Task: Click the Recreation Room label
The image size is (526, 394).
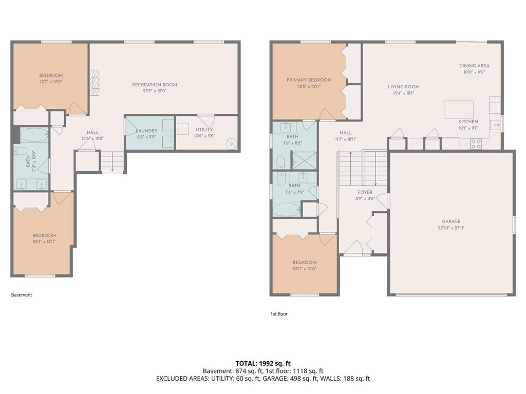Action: coord(154,85)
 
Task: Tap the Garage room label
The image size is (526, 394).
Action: coord(451,222)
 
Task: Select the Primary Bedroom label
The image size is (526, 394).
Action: coord(309,80)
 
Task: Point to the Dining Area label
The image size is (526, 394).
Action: coord(474,66)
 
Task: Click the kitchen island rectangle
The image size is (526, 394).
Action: coord(459,109)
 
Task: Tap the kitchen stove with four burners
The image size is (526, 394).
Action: coord(476,144)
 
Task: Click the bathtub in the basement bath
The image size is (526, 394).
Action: coord(34,135)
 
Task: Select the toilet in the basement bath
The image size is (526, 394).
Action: coord(21,150)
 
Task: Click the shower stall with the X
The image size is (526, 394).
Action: coord(304,161)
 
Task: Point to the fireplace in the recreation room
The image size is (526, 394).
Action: coord(95,83)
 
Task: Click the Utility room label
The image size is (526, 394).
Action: coord(204,130)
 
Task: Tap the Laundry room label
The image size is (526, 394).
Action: coord(146,131)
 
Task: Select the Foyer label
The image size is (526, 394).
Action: coord(365,192)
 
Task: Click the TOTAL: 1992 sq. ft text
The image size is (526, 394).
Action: coord(262,363)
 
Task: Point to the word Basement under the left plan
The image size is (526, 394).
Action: coord(22,295)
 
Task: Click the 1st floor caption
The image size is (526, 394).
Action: coord(279,314)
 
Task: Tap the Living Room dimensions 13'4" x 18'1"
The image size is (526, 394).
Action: coord(404,93)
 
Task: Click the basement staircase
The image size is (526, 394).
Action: coord(112,162)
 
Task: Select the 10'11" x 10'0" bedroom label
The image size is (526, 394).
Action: coord(305,268)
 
